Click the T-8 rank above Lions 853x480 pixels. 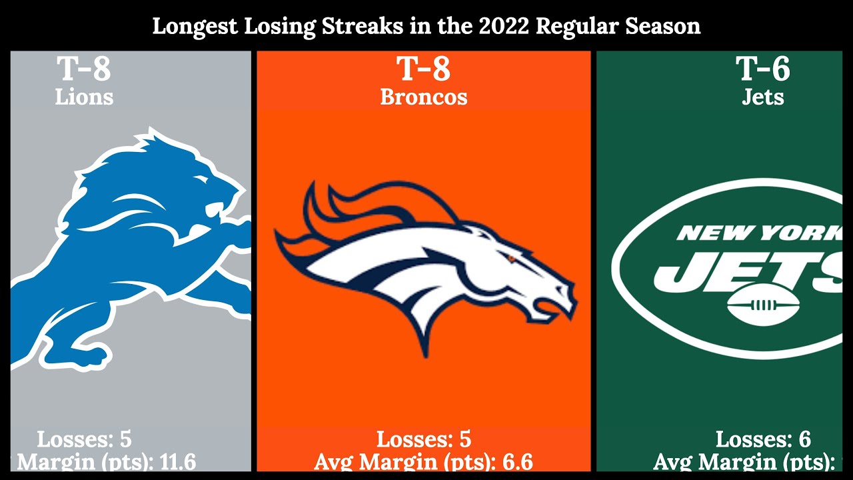(x=83, y=69)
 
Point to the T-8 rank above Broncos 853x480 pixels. (x=423, y=69)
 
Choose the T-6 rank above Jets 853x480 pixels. (x=762, y=69)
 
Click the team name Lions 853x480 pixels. (x=84, y=97)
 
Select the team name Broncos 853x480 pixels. (x=424, y=97)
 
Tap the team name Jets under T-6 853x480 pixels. (x=763, y=97)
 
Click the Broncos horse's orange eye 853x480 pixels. (x=512, y=258)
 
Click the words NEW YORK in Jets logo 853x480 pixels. (x=760, y=233)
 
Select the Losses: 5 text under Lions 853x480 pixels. (x=84, y=439)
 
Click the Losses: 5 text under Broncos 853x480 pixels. (x=424, y=439)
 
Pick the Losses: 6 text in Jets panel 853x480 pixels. (x=763, y=439)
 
